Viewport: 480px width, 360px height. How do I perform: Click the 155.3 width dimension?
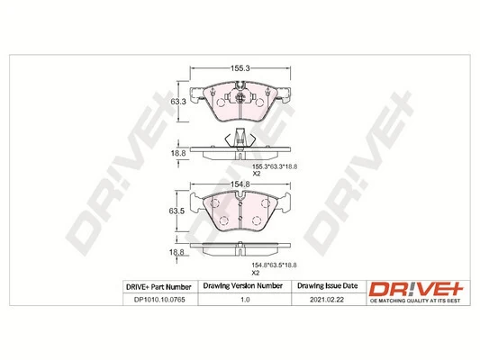point(240,67)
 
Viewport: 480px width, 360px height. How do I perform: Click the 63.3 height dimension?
point(179,103)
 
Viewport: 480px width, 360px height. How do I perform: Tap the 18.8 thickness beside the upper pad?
point(179,153)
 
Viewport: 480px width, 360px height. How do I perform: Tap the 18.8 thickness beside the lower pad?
point(179,253)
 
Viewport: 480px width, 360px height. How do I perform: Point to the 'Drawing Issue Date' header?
point(326,286)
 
